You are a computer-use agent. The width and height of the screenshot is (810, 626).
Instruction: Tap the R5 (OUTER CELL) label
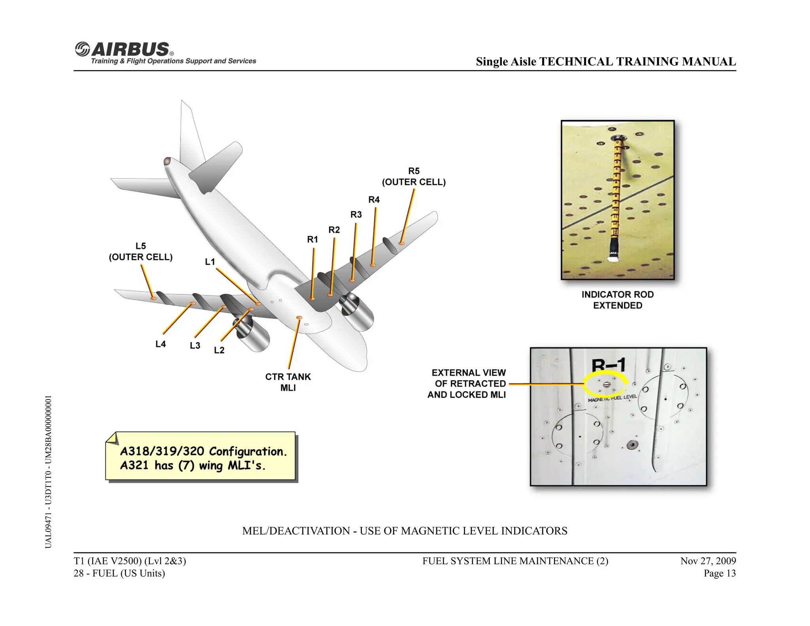click(x=413, y=176)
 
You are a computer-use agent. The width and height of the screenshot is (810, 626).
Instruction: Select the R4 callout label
click(x=374, y=200)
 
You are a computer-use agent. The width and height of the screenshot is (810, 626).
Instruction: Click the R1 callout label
click(x=312, y=239)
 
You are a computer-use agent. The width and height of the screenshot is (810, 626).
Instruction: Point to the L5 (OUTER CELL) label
click(x=140, y=252)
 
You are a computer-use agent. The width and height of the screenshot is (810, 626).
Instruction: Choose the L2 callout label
click(x=219, y=350)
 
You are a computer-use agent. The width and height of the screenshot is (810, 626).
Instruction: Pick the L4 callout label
click(x=161, y=344)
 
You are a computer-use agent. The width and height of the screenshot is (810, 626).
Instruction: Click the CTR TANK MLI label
click(x=288, y=382)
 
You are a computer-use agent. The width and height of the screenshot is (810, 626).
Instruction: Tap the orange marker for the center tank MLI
click(x=299, y=318)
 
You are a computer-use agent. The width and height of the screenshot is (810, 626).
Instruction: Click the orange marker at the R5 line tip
click(x=401, y=243)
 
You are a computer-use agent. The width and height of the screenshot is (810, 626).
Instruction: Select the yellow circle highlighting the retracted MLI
click(x=605, y=383)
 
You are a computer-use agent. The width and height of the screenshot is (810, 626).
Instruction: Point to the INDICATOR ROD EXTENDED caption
click(x=617, y=300)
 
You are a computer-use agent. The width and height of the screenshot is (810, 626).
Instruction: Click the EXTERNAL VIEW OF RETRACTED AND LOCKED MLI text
click(x=468, y=384)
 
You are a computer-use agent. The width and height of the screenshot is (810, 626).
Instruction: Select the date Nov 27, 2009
click(x=708, y=561)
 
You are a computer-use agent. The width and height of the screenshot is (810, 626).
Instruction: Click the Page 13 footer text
click(x=719, y=573)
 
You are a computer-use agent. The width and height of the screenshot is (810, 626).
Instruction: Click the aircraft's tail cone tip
click(x=167, y=161)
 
